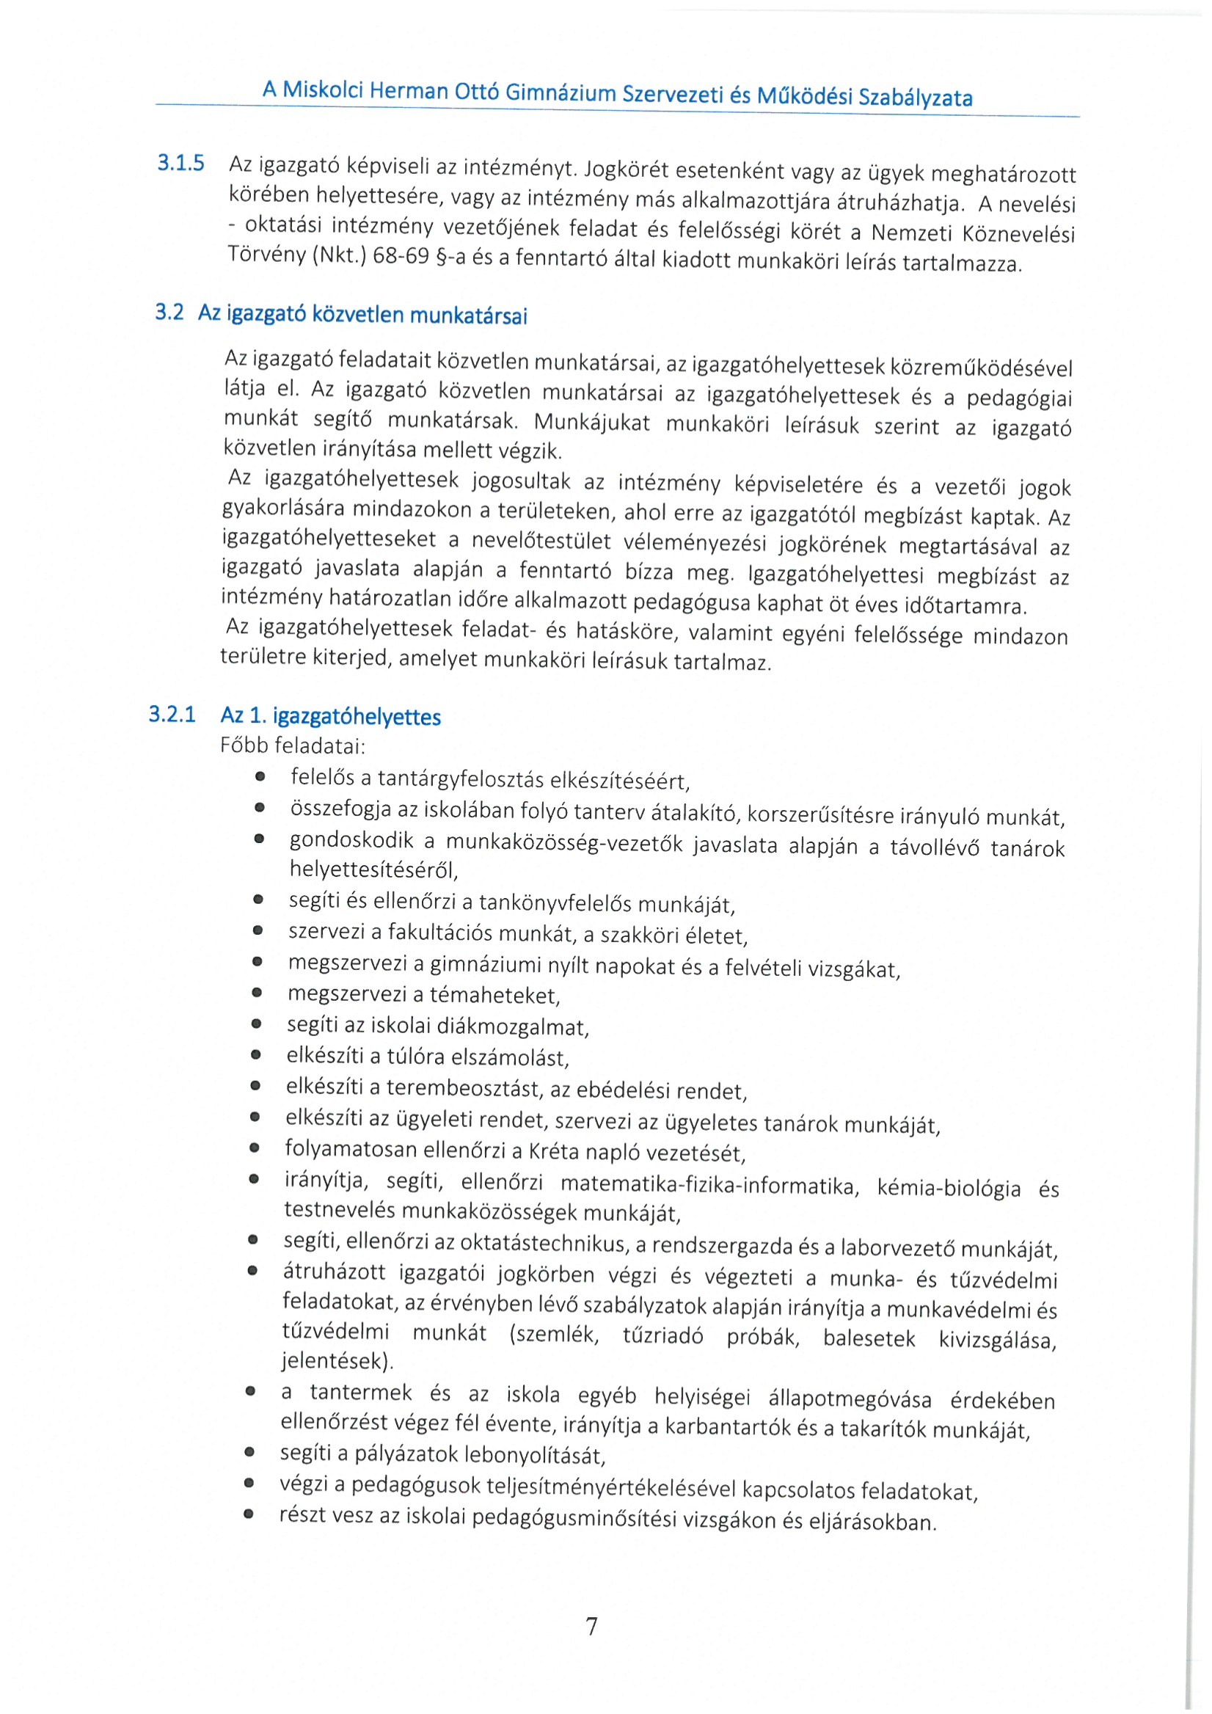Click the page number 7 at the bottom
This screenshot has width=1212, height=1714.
point(591,1626)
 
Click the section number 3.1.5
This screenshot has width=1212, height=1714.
point(180,163)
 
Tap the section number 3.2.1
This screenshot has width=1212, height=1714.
point(172,715)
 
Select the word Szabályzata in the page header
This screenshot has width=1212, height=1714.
point(915,98)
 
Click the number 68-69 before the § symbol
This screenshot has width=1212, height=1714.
point(401,256)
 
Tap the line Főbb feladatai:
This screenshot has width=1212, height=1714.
point(293,745)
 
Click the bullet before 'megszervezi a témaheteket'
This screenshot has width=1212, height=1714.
point(258,993)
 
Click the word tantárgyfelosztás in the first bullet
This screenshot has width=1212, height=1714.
point(462,778)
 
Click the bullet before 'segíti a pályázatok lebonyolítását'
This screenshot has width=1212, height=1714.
point(250,1454)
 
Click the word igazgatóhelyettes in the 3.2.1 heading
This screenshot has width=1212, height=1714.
point(357,718)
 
